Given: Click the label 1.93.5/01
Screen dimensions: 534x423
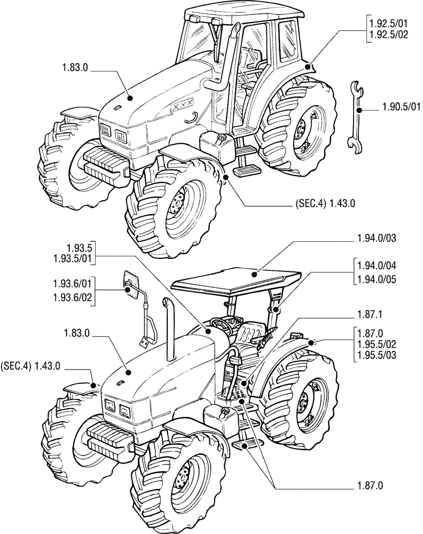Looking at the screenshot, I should pyautogui.click(x=74, y=259).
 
